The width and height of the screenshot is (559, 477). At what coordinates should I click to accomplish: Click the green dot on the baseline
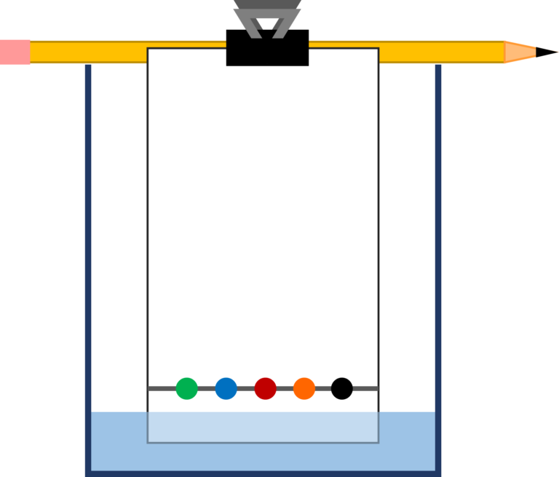(x=186, y=388)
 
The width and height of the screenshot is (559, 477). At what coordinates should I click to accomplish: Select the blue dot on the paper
(x=226, y=388)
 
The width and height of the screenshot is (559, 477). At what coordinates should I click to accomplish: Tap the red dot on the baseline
(x=265, y=388)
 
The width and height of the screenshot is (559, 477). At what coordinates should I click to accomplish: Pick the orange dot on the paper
(x=304, y=388)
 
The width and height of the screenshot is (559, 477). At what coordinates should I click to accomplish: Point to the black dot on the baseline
(x=341, y=388)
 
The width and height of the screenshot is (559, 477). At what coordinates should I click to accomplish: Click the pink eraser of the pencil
(x=15, y=52)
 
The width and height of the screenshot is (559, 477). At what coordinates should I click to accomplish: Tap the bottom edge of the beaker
(x=263, y=473)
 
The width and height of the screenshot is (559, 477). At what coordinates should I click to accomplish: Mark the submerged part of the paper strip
(x=263, y=427)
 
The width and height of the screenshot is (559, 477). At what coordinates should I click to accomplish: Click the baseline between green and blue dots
(x=206, y=388)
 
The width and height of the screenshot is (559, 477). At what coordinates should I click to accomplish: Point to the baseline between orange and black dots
(x=322, y=388)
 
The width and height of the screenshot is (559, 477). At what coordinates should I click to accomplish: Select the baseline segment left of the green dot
(x=162, y=388)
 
